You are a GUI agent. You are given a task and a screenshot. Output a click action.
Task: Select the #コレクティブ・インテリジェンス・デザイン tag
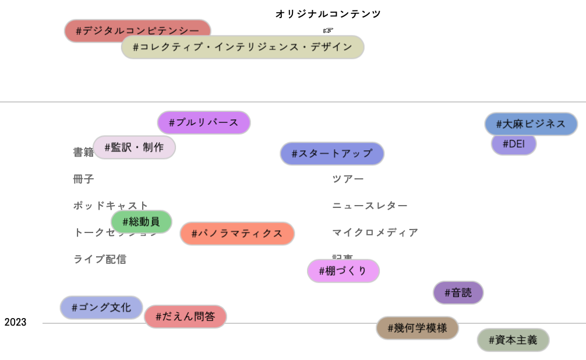[242, 47]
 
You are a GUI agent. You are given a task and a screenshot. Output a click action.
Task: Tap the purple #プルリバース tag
[204, 122]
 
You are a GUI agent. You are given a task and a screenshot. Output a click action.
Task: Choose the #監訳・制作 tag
[134, 147]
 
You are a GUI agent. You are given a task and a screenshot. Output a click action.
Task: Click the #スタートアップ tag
[332, 154]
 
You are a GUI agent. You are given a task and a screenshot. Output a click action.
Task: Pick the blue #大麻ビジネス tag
[531, 124]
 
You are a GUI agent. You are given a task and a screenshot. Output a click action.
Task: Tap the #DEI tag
[513, 144]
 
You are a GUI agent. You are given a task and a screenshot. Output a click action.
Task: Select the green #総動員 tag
[142, 221]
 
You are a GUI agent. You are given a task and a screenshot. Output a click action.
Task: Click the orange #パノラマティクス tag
[237, 234]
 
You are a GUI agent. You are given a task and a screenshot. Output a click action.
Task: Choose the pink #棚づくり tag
[343, 271]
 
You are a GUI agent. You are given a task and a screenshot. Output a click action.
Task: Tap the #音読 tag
[458, 292]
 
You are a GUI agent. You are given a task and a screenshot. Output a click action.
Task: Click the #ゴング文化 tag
[101, 308]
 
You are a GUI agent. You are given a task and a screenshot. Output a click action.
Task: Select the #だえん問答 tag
[185, 317]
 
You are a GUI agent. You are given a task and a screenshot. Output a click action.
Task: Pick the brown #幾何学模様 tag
[417, 328]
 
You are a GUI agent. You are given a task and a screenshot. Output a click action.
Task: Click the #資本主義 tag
[513, 340]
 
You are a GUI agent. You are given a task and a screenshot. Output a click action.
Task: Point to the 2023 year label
[15, 323]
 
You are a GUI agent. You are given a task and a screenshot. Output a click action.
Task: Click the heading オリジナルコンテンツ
[328, 14]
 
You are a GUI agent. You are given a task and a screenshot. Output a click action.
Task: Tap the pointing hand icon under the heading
[328, 30]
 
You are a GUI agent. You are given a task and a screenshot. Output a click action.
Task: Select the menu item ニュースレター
[370, 206]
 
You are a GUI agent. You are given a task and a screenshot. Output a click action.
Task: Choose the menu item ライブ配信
[100, 259]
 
